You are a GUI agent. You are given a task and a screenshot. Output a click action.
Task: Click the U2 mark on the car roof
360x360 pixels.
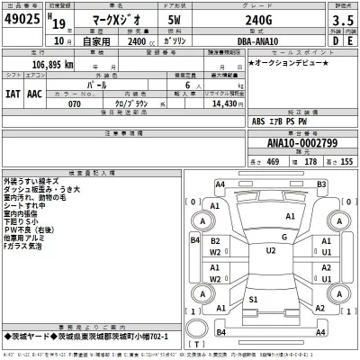pyautogui.click(x=270, y=251)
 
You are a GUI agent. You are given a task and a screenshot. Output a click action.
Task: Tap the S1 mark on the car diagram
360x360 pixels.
pyautogui.click(x=254, y=299)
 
